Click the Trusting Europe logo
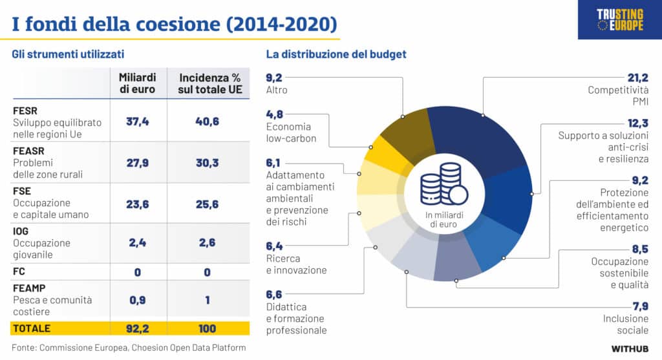(619, 19)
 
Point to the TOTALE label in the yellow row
(32, 328)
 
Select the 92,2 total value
(137, 328)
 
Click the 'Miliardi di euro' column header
(137, 83)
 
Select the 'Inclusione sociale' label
(625, 324)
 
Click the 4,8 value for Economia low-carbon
(275, 114)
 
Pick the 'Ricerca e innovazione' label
(296, 264)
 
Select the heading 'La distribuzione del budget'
(336, 54)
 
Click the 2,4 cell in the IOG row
(137, 243)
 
